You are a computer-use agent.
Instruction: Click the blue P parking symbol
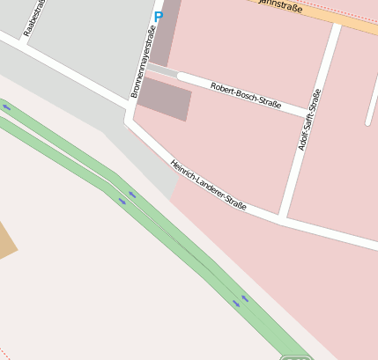pyautogui.click(x=159, y=17)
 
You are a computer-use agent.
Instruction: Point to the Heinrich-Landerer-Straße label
pyautogui.click(x=208, y=185)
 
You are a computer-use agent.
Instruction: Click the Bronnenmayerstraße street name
pyautogui.click(x=142, y=62)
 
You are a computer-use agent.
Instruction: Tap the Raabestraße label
pyautogui.click(x=33, y=16)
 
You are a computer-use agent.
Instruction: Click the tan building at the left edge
pyautogui.click(x=6, y=241)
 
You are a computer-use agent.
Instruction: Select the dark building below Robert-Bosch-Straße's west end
pyautogui.click(x=165, y=98)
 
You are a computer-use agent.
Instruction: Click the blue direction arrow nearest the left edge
pyautogui.click(x=7, y=107)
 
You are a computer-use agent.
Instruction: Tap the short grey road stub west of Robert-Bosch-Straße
pyautogui.click(x=162, y=69)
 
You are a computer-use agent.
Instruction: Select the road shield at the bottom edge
pyautogui.click(x=297, y=357)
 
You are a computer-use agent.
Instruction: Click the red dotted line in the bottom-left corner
pyautogui.click(x=4, y=353)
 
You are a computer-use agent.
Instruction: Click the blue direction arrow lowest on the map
pyautogui.click(x=236, y=305)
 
